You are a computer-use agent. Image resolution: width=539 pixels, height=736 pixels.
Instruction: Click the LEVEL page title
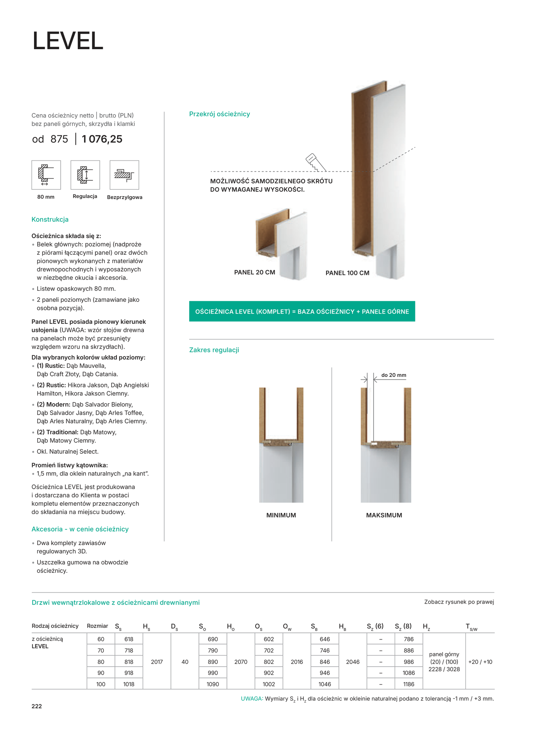click(x=68, y=41)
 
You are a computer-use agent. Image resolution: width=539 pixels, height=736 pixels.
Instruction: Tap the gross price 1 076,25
click(x=102, y=139)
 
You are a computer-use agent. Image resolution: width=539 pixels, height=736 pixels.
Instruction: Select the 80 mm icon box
click(x=46, y=174)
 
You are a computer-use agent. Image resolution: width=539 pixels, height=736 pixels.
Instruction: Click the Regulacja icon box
click(x=85, y=174)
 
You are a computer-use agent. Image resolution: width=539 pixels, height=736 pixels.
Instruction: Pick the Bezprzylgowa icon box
click(x=124, y=174)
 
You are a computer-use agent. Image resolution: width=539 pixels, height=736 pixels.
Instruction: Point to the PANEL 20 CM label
click(x=254, y=272)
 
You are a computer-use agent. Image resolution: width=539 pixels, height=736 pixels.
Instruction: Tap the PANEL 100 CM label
click(x=347, y=273)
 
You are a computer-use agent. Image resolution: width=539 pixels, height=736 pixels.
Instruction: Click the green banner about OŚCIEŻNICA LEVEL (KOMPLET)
click(x=302, y=311)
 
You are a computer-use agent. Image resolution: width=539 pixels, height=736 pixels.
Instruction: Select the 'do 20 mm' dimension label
click(x=393, y=375)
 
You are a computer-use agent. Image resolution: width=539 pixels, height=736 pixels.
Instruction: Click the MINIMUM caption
click(x=281, y=515)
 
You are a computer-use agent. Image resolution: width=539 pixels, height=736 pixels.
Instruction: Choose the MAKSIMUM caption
click(x=384, y=515)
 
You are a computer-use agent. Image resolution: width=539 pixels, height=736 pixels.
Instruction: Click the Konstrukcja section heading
click(x=50, y=219)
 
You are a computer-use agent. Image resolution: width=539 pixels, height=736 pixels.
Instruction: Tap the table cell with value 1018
click(x=129, y=684)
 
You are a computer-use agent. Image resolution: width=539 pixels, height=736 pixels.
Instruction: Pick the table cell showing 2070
click(x=241, y=662)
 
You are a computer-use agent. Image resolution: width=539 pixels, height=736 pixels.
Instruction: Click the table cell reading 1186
click(x=408, y=684)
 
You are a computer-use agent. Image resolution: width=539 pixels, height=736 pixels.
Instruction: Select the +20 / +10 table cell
click(x=480, y=662)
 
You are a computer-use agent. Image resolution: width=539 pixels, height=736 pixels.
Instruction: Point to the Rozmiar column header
click(x=97, y=626)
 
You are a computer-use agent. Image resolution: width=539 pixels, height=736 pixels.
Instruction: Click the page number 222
click(x=37, y=706)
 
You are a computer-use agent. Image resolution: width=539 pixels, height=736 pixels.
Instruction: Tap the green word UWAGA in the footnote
click(x=251, y=698)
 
